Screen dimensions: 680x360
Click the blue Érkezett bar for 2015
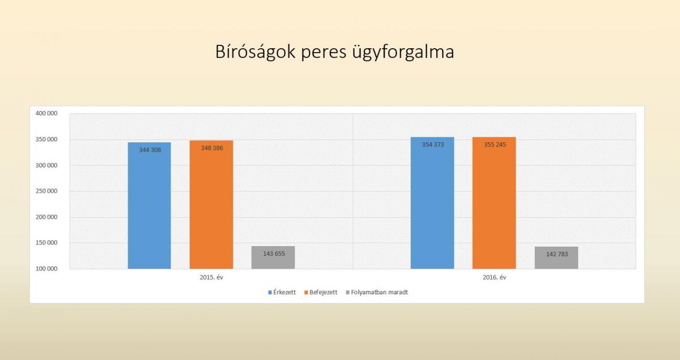(x=150, y=206)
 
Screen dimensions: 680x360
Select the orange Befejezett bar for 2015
(x=211, y=205)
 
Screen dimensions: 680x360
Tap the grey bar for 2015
(x=273, y=257)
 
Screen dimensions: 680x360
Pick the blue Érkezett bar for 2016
(x=432, y=203)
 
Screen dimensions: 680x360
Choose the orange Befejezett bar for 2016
(x=494, y=203)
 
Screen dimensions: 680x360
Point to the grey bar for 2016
(x=556, y=258)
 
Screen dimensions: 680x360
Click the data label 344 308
(x=150, y=150)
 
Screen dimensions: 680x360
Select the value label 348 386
(x=212, y=148)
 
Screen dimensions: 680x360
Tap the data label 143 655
(x=274, y=253)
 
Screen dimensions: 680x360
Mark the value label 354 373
(x=433, y=145)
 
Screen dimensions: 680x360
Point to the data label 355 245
(x=495, y=145)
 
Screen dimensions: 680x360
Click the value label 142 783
(x=556, y=254)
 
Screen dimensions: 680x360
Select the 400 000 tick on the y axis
(x=46, y=113)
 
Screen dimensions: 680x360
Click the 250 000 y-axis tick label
(x=46, y=191)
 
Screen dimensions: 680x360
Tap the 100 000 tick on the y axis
(x=46, y=269)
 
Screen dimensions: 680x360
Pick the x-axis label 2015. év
(x=211, y=277)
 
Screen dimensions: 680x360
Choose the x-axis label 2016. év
(x=494, y=277)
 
